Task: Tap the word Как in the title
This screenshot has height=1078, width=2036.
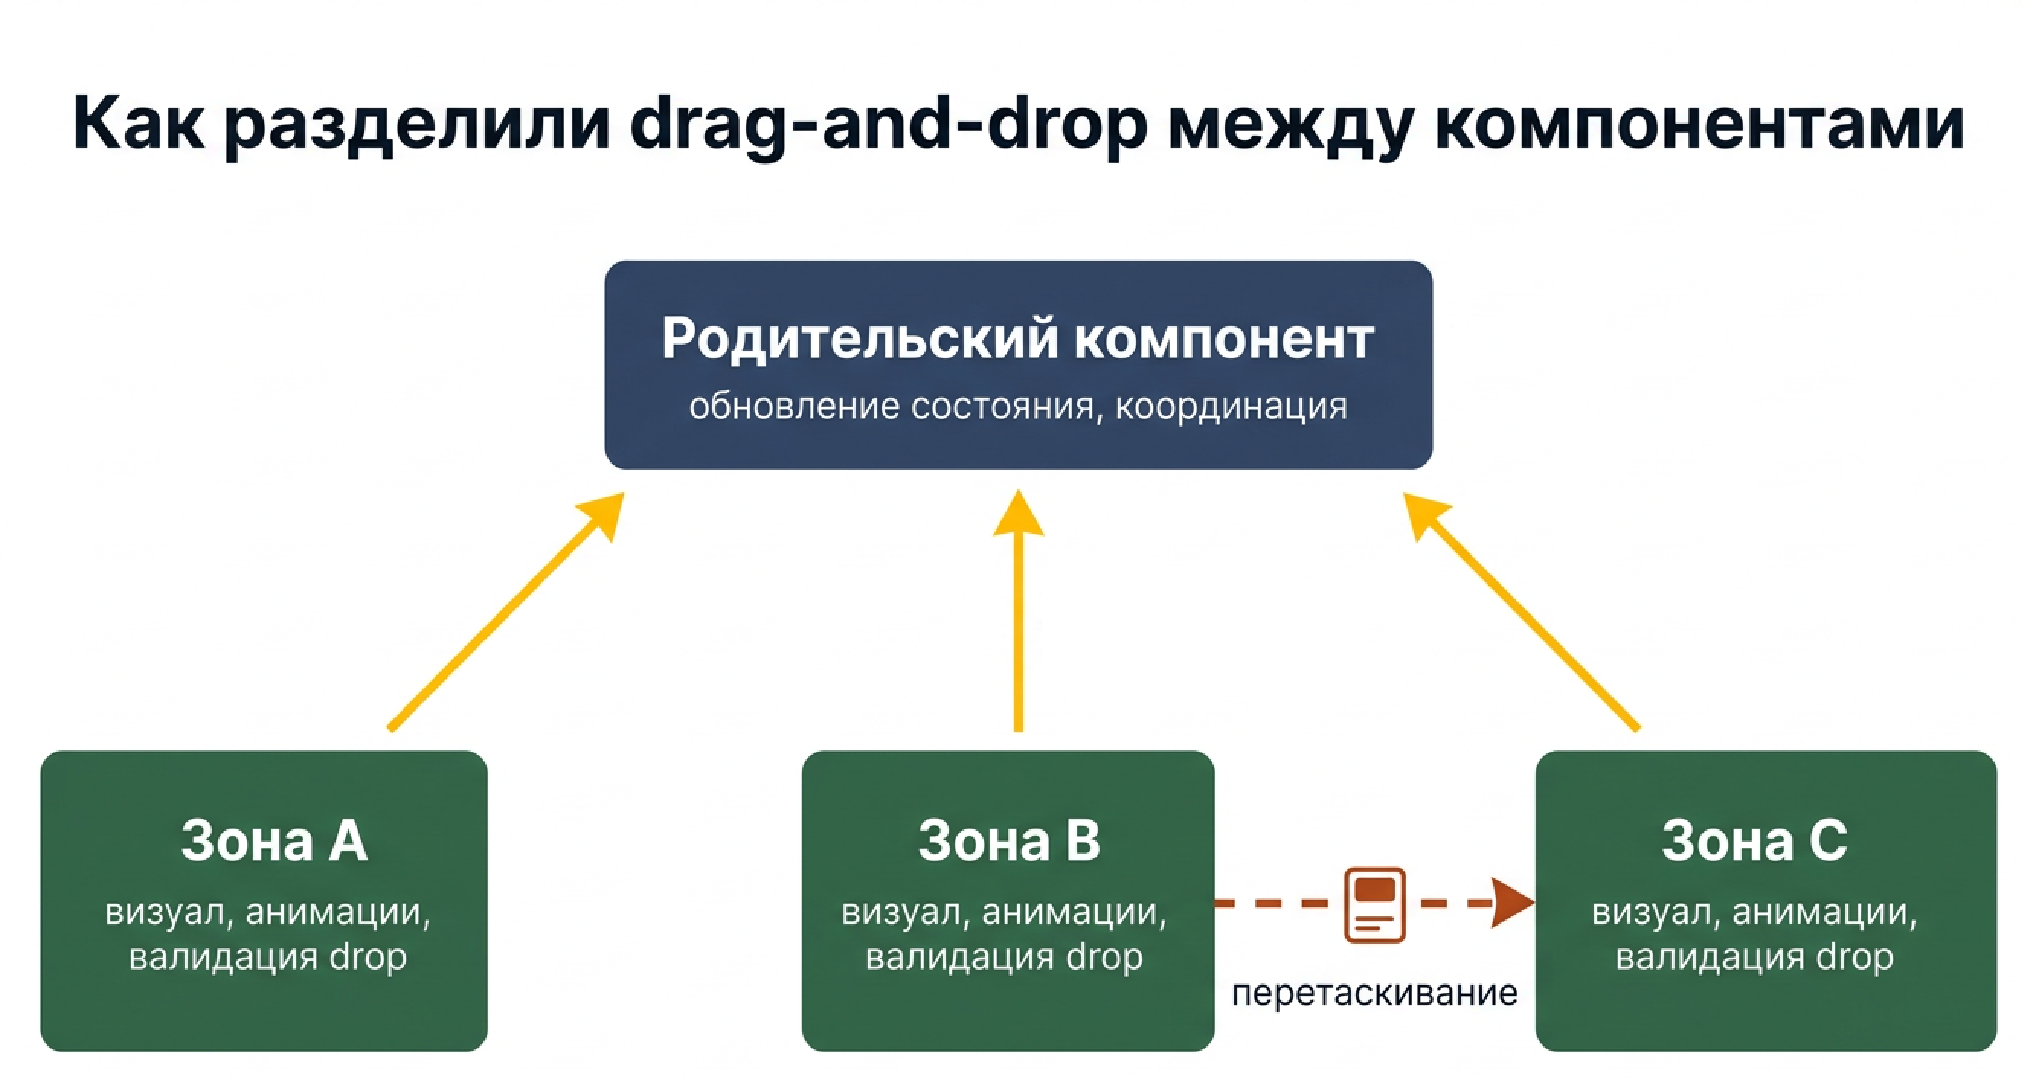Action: tap(139, 125)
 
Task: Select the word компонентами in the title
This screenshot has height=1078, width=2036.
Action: tap(1699, 125)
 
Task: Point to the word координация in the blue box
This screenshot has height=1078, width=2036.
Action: tap(1231, 407)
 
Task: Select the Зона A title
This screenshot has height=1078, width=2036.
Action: tap(275, 841)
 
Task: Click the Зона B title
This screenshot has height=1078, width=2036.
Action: tap(1009, 841)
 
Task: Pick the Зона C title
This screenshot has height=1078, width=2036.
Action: tap(1755, 841)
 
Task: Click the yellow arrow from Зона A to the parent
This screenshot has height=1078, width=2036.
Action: tap(506, 612)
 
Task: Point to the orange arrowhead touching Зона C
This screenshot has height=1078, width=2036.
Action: tap(1511, 903)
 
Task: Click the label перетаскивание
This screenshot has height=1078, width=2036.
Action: tap(1374, 993)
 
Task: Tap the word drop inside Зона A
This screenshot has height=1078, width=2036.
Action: tap(368, 958)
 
